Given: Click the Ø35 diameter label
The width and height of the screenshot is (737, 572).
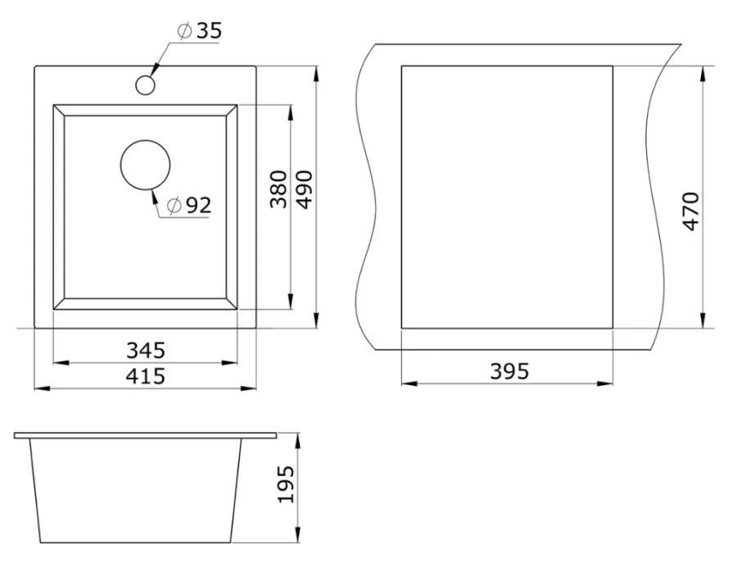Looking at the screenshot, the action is (x=199, y=30).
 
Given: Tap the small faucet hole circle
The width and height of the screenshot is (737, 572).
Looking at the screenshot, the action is (x=145, y=84).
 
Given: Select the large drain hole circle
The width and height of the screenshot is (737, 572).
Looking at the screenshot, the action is (x=145, y=165).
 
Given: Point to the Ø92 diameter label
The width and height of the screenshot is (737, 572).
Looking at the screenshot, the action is (x=189, y=205).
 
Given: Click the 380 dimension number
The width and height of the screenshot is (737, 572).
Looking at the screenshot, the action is (x=278, y=189).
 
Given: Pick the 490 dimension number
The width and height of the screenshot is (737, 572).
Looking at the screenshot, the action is (x=304, y=189).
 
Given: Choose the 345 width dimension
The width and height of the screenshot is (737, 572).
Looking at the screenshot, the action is (x=146, y=351).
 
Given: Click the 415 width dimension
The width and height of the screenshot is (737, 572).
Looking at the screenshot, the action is (x=146, y=376).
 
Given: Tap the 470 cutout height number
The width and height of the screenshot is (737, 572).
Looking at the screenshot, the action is (x=690, y=211).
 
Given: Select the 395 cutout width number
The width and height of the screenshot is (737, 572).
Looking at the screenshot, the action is (x=509, y=371).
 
